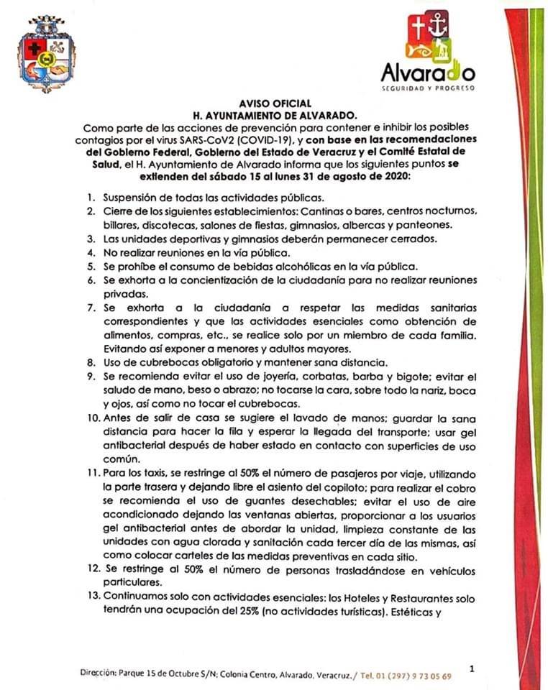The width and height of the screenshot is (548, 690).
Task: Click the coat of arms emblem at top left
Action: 47,55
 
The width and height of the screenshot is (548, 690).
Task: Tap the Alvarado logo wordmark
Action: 427,73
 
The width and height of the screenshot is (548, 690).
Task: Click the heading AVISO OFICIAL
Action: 275,103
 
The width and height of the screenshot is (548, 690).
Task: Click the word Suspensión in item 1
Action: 130,198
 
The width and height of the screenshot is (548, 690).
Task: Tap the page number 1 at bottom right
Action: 471,668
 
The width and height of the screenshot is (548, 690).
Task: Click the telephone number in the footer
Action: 417,676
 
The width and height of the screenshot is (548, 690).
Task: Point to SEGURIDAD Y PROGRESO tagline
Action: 427,88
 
